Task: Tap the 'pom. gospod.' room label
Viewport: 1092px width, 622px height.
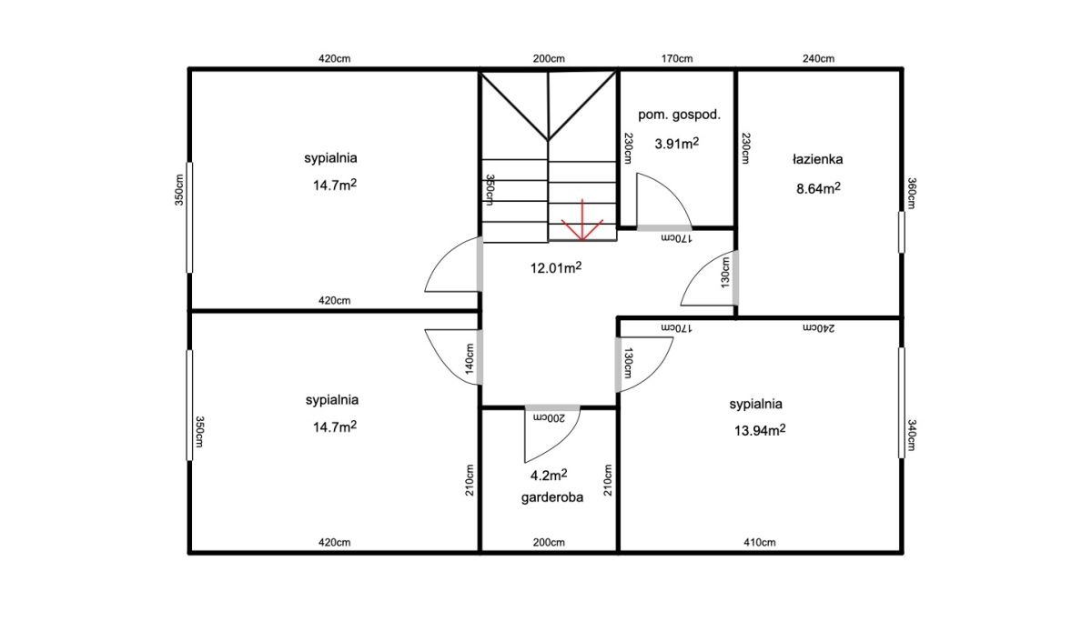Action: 679,115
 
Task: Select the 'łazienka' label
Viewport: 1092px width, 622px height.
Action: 817,159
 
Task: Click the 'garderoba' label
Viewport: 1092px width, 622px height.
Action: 551,497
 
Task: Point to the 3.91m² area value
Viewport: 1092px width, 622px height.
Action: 677,143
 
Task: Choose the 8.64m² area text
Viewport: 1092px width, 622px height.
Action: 818,188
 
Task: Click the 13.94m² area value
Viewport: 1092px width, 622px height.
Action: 760,430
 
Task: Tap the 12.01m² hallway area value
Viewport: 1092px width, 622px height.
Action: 556,267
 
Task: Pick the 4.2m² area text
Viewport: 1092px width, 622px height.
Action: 549,475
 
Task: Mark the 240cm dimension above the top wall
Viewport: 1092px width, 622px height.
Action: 818,59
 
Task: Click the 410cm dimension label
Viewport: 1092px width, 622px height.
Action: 760,542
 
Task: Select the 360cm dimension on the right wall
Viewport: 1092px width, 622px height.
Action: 912,194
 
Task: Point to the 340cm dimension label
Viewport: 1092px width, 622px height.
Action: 912,435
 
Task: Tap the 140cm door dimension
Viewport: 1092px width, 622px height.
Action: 470,359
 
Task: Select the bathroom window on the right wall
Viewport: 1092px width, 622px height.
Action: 902,232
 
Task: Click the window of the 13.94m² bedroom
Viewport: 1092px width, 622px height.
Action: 902,403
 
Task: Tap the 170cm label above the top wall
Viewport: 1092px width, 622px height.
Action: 677,59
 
